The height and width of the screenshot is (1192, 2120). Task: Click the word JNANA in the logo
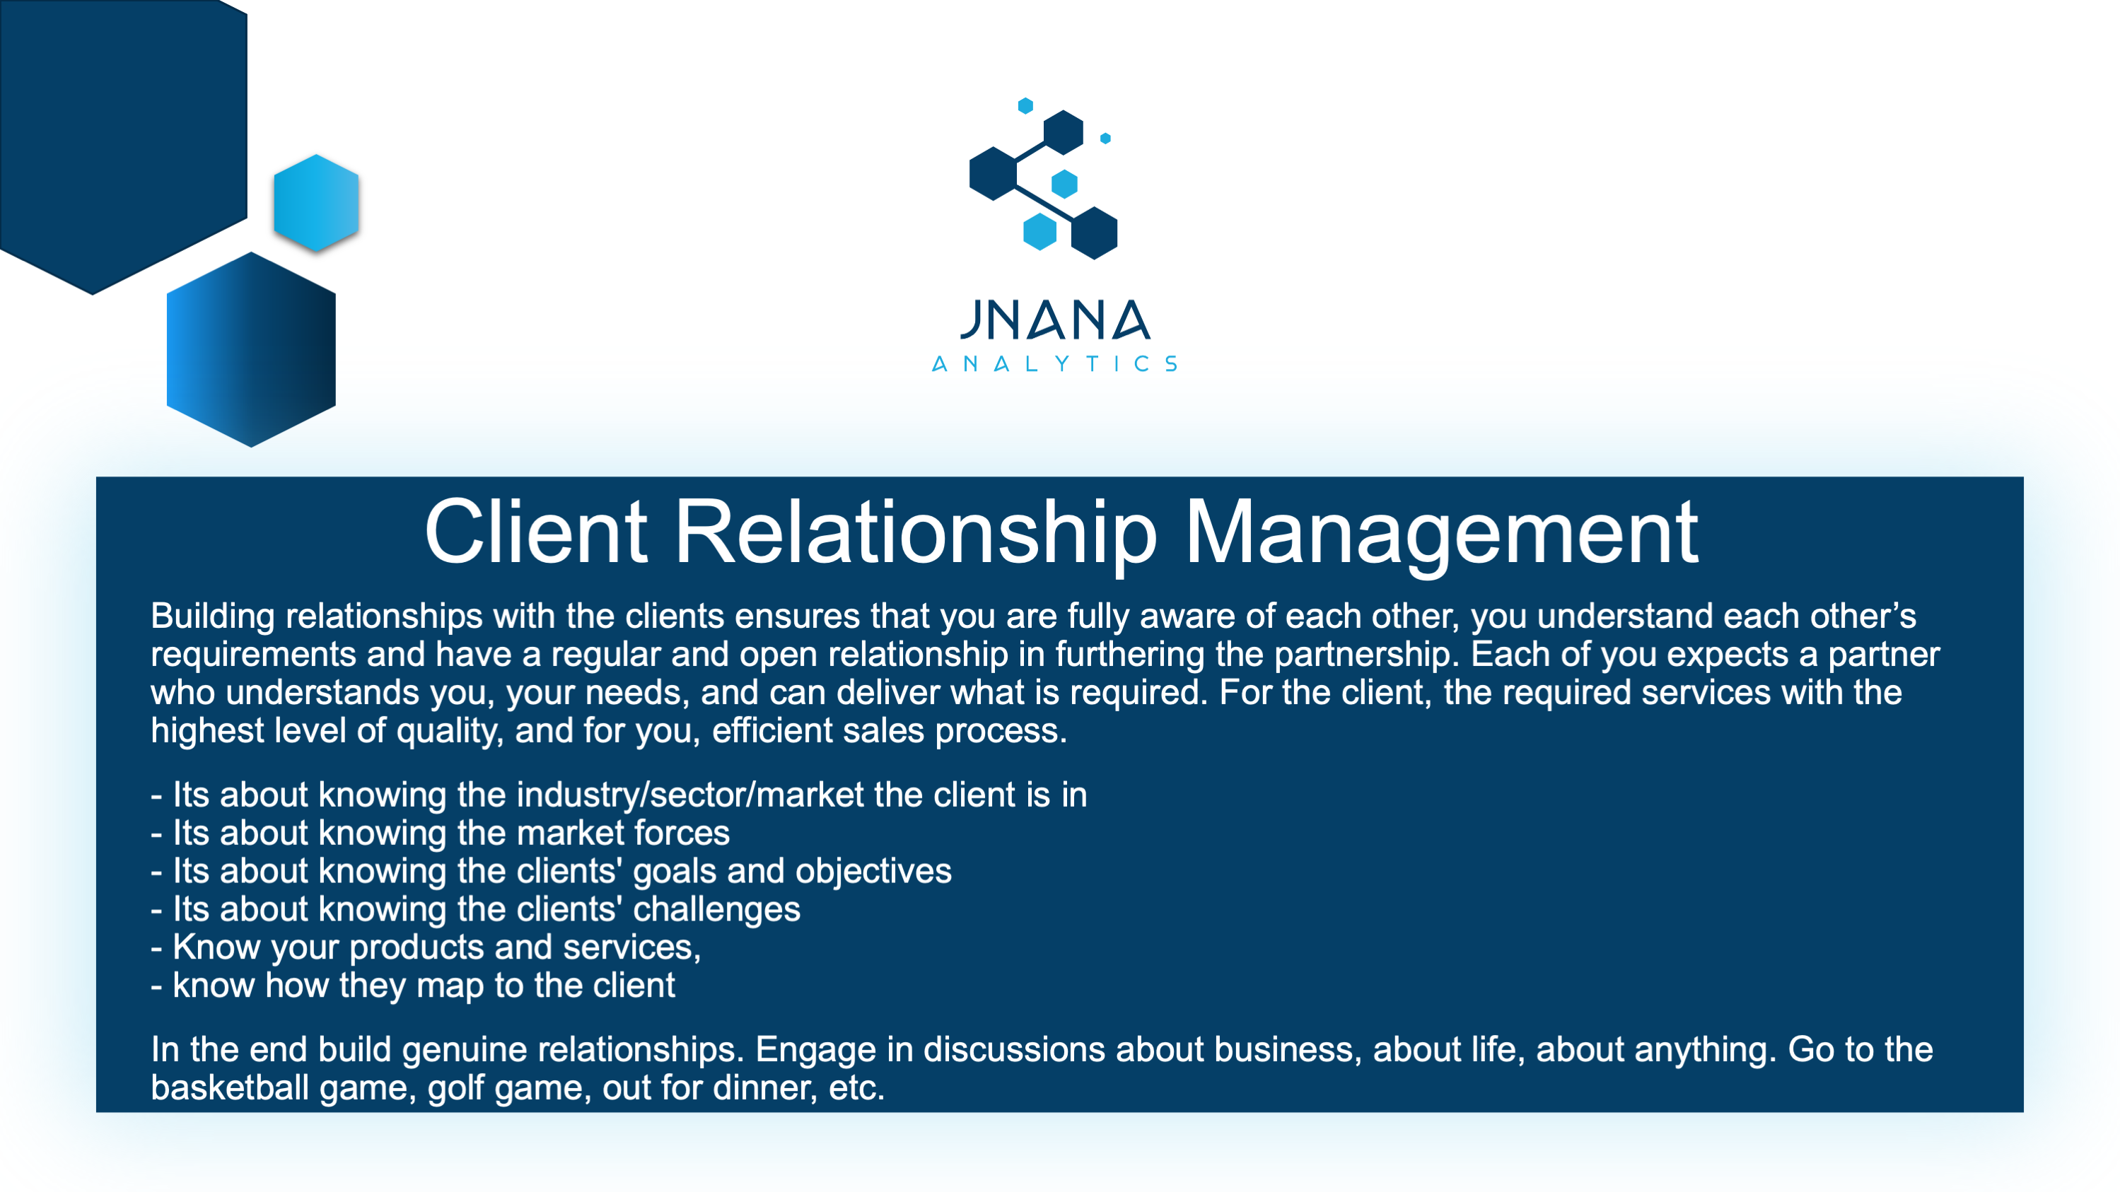click(1054, 320)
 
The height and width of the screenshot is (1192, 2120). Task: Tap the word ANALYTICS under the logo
click(1054, 363)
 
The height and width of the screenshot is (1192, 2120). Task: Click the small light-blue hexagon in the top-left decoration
click(316, 202)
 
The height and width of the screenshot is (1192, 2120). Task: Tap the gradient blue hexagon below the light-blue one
click(251, 350)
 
